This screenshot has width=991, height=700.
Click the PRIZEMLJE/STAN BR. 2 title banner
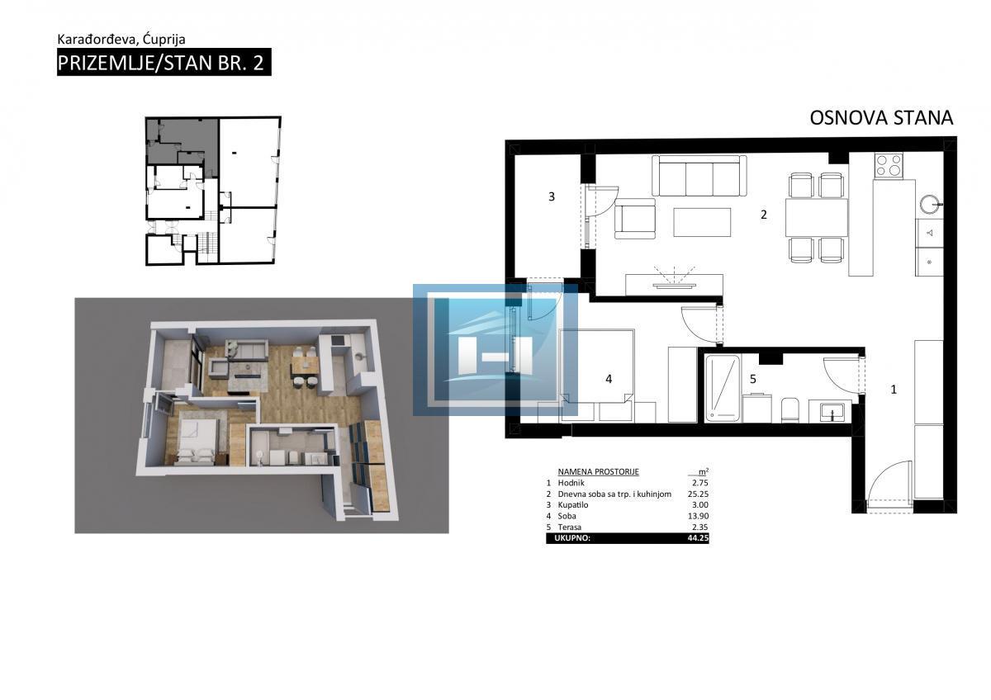[164, 63]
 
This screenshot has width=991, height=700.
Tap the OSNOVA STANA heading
[881, 118]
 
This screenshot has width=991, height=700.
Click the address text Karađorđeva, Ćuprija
[121, 40]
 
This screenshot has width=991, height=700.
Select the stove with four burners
[889, 165]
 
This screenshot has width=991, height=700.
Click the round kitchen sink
[931, 204]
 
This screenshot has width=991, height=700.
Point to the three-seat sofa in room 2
[699, 176]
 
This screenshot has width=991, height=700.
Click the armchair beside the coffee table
[635, 219]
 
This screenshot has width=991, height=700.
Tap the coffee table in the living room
[702, 222]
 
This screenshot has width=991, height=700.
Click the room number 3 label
[552, 196]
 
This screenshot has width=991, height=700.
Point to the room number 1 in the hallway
[894, 390]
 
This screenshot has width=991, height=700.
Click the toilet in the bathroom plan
[789, 409]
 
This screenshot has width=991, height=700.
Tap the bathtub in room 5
[722, 388]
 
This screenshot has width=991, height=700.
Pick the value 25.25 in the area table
[698, 494]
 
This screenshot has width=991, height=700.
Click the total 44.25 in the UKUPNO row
[698, 538]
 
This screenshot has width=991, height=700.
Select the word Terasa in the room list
[569, 527]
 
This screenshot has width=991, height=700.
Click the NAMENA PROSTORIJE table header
[598, 472]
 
